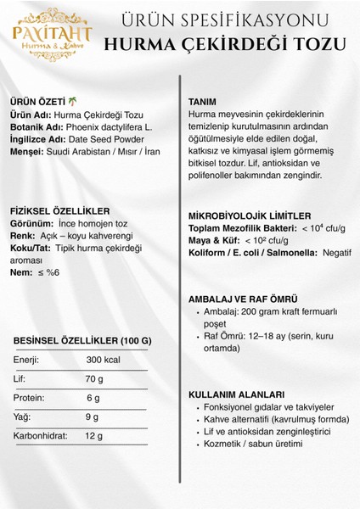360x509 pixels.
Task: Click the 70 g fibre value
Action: tap(95, 379)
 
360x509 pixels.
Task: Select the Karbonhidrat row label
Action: tap(44, 436)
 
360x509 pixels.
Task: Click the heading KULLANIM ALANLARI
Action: tap(235, 394)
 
